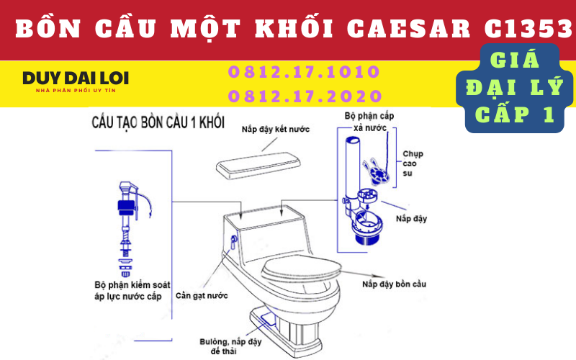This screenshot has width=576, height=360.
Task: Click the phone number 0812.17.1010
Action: click(x=304, y=71)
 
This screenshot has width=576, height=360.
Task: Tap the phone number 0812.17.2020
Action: click(x=305, y=96)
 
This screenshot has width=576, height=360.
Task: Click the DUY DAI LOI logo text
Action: click(x=76, y=78)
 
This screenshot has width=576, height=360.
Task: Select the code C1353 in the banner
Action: click(x=528, y=28)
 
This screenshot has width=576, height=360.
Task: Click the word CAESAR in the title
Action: click(x=408, y=28)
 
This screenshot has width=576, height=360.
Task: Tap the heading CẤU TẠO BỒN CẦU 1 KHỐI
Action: click(x=158, y=122)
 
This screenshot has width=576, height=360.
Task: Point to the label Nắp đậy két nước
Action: click(x=276, y=130)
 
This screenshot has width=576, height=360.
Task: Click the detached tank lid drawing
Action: click(x=258, y=166)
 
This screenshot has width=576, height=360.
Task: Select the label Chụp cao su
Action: click(x=413, y=163)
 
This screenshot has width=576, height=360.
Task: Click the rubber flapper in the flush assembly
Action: click(x=376, y=172)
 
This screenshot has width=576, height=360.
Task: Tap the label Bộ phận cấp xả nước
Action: click(x=369, y=122)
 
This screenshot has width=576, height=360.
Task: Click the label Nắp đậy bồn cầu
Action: click(x=394, y=284)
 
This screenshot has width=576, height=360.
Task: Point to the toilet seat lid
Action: click(x=302, y=268)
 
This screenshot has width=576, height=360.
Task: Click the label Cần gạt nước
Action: click(x=202, y=296)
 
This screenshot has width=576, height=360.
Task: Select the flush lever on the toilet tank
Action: click(x=233, y=242)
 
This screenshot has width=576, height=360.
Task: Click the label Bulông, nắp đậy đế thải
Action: click(x=230, y=346)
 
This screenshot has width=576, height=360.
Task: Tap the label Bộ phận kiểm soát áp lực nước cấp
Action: click(x=132, y=291)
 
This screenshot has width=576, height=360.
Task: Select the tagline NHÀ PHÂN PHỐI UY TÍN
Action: click(x=76, y=91)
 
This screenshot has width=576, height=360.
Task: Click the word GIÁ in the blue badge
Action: click(x=515, y=60)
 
